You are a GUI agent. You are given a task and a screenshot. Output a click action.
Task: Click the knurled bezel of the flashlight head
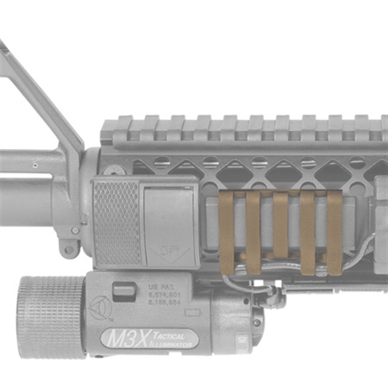[50, 317]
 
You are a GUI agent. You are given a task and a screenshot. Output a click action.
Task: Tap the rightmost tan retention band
[335, 232]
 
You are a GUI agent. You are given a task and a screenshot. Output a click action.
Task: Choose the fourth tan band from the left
[308, 232]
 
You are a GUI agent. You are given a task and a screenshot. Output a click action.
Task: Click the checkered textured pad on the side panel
[117, 222]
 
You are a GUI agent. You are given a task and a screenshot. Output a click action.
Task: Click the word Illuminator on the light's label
[175, 343]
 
